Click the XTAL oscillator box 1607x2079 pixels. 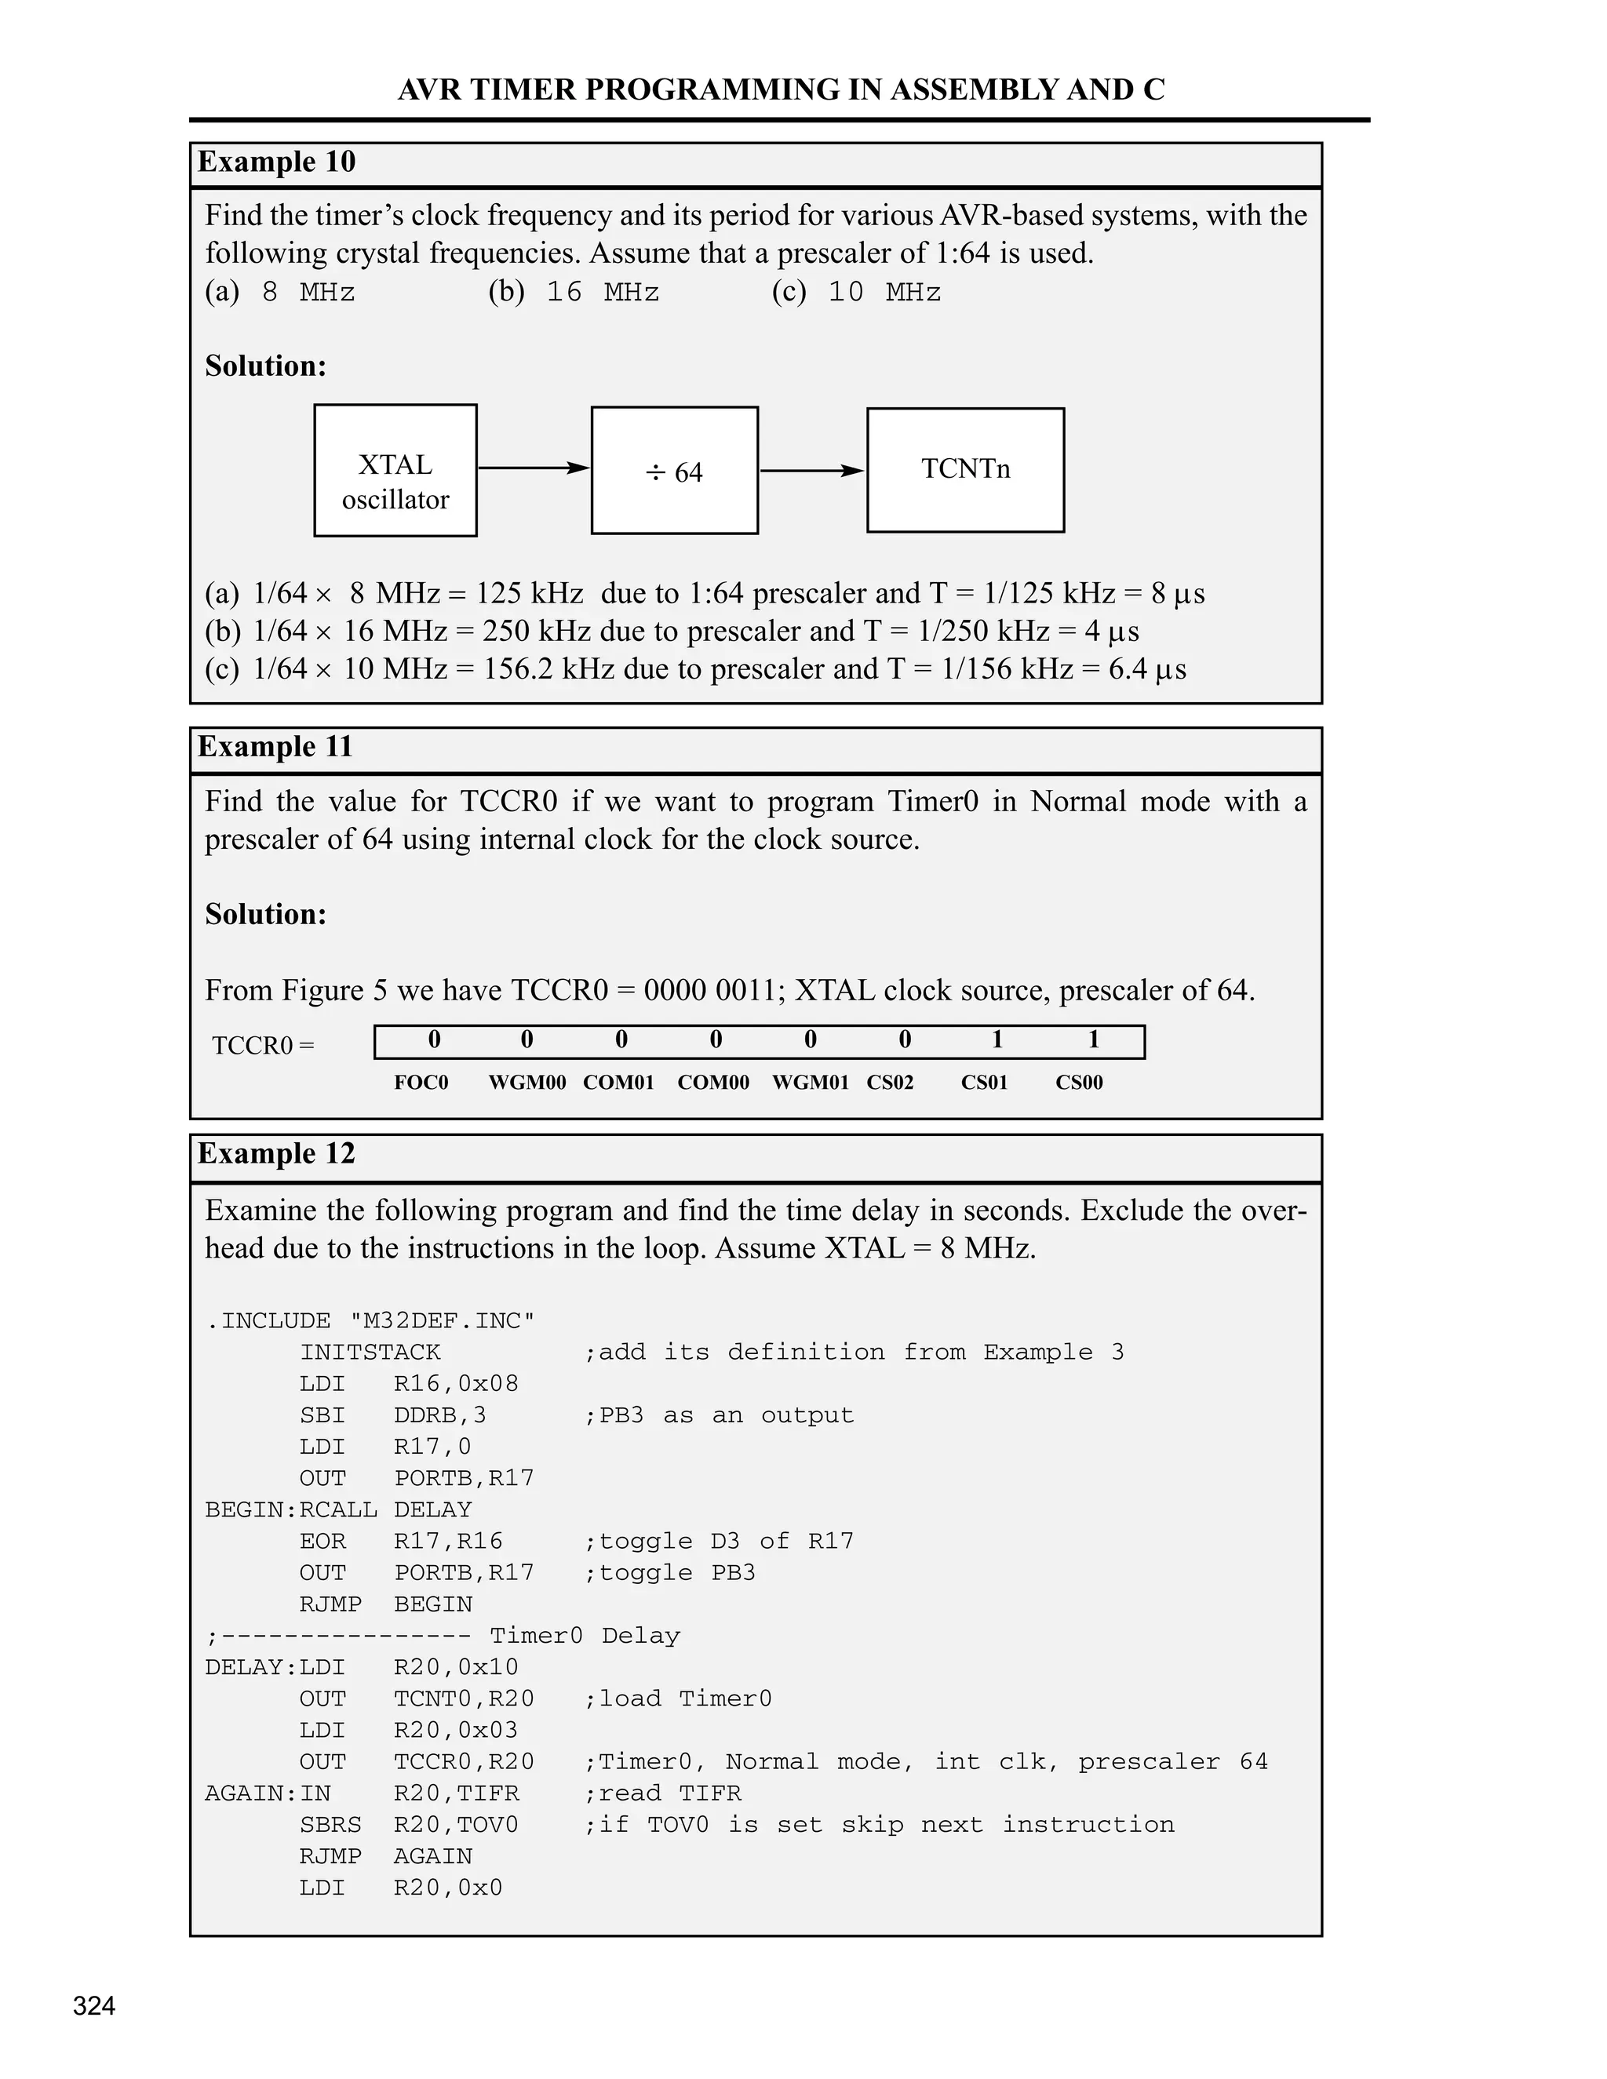395,470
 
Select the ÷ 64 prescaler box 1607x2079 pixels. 674,470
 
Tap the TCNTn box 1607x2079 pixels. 965,470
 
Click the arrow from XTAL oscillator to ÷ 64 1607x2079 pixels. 533,468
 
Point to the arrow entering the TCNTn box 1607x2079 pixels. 812,470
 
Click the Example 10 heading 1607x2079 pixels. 276,162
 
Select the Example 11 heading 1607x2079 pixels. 275,746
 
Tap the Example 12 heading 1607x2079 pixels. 276,1154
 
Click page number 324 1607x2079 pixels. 94,2006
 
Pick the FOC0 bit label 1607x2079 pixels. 421,1083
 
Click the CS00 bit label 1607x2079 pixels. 1079,1083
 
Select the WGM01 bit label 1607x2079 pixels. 810,1083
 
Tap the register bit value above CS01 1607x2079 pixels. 997,1039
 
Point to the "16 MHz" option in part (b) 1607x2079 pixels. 603,293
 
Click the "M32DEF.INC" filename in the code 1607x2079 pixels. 442,1321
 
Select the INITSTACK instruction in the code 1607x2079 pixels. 370,1353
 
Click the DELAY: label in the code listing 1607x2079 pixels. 250,1668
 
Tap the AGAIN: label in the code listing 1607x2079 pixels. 250,1793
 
